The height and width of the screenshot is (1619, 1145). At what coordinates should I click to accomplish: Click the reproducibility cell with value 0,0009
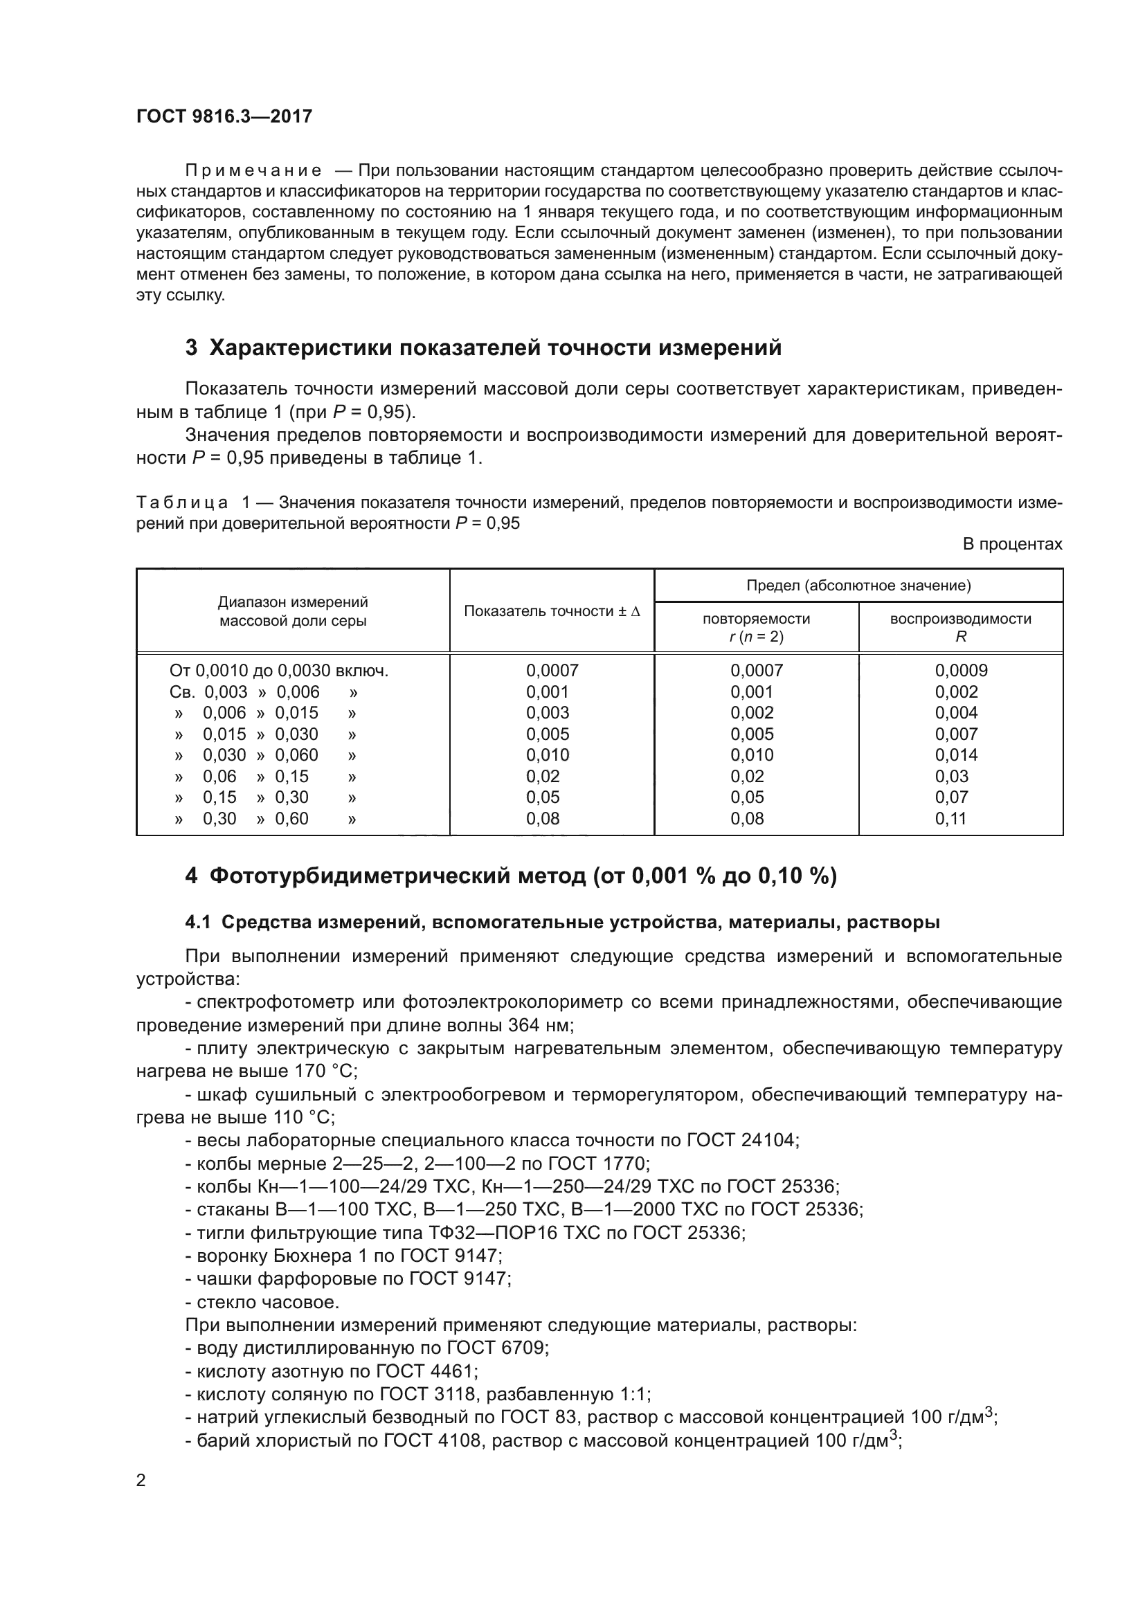point(961,671)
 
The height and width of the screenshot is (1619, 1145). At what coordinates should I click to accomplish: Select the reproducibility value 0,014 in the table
point(956,755)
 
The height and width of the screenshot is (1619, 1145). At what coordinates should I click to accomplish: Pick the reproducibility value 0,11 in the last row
point(950,819)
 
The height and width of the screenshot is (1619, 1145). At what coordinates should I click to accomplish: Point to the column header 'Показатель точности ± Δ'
point(551,611)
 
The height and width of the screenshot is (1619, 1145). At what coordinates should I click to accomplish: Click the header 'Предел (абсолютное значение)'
point(858,586)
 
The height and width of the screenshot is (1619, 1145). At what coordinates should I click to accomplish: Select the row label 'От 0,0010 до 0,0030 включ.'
point(279,671)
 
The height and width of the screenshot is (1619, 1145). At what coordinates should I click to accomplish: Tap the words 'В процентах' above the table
point(1012,544)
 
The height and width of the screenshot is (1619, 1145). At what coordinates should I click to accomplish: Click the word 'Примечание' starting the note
point(253,171)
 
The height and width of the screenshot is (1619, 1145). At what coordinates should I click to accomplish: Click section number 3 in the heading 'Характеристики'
point(191,348)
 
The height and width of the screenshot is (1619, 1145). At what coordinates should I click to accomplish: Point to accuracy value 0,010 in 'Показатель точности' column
point(547,755)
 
